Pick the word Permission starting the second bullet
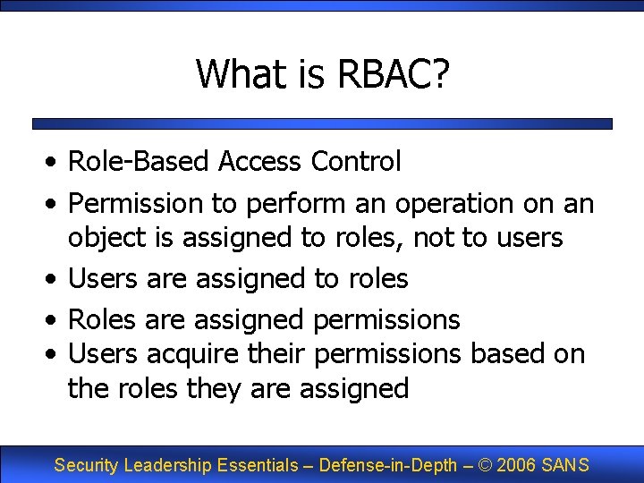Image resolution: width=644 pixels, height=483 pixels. (136, 203)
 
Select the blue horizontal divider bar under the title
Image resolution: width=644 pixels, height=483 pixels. (322, 124)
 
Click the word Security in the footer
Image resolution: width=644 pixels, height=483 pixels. (87, 465)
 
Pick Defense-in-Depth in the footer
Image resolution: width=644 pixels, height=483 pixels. (387, 465)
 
